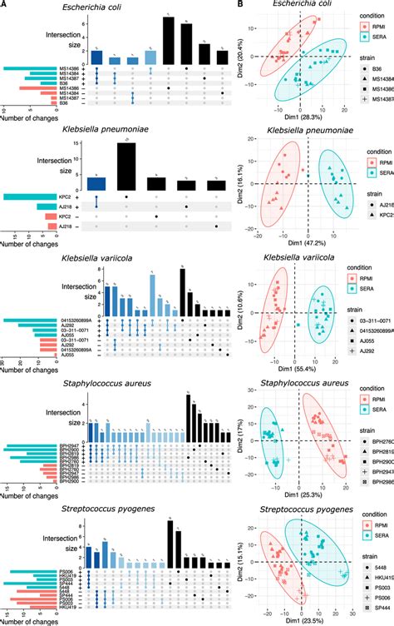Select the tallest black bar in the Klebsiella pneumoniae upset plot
(126, 169)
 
